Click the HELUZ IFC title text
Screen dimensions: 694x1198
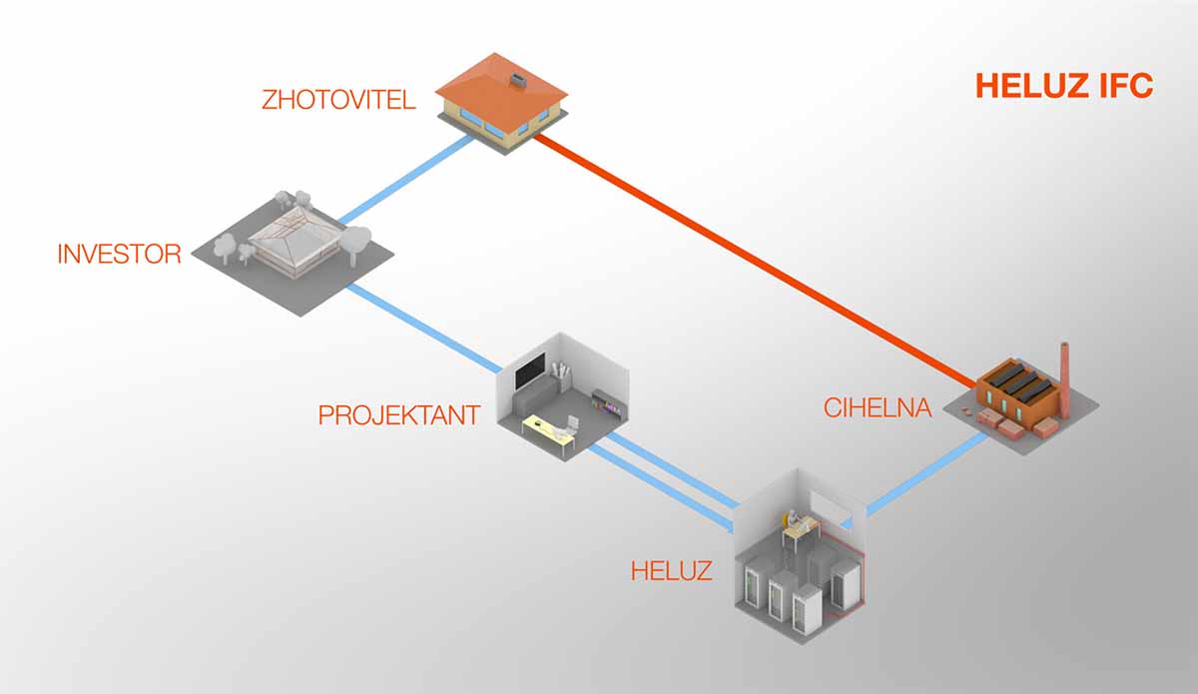[1064, 86]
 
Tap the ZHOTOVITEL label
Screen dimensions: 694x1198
[338, 100]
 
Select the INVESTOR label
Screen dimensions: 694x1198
[119, 254]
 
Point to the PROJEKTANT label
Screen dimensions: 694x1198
[399, 414]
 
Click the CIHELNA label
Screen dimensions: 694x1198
[878, 407]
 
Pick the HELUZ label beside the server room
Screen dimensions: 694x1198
[671, 571]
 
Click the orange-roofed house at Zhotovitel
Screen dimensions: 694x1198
[502, 100]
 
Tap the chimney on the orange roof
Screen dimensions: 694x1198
[517, 77]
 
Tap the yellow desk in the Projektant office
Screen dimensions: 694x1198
[548, 430]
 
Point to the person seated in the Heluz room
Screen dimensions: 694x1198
[794, 520]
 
